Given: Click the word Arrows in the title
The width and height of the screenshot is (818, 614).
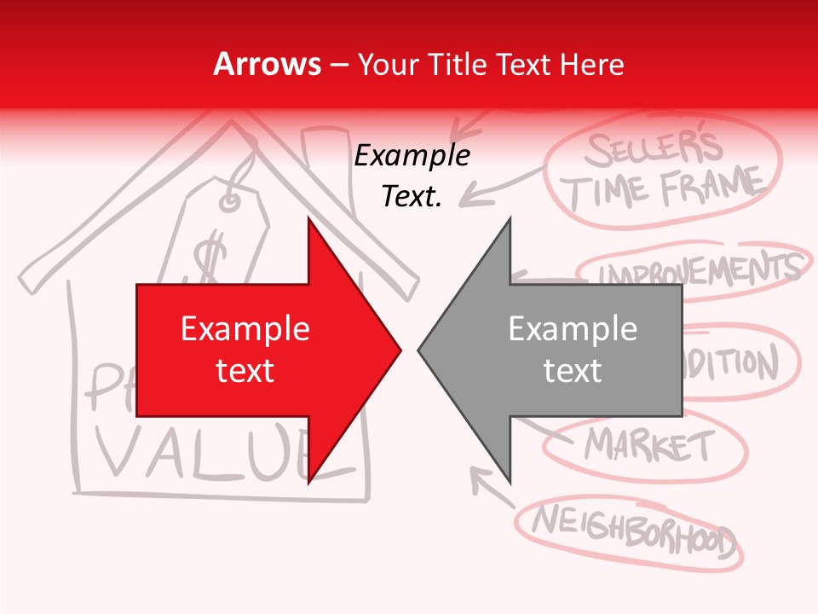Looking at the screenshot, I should [267, 64].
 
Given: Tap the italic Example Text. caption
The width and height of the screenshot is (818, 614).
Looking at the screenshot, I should [412, 176].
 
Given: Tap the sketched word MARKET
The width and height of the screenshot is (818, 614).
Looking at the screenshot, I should [648, 444].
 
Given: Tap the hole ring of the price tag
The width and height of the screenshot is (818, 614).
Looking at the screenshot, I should [229, 201].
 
